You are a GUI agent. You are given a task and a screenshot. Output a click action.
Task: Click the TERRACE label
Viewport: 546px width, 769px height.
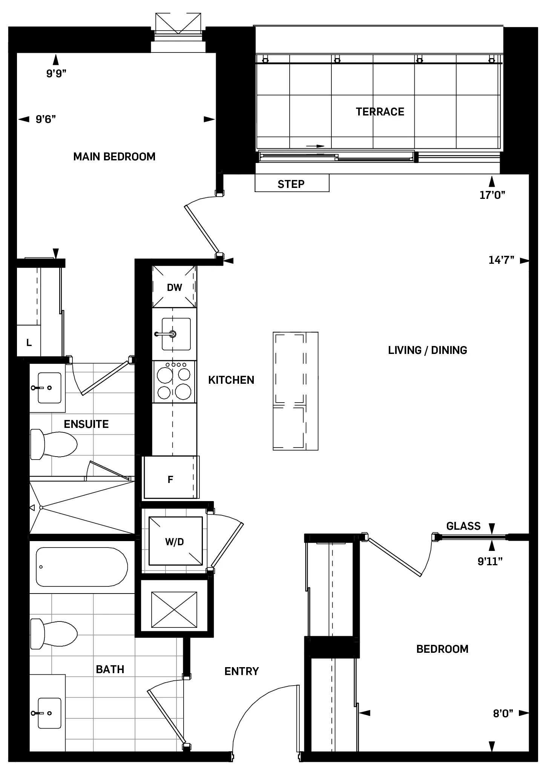[380, 112]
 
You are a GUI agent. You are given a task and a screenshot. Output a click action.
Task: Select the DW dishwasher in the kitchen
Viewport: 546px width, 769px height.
[174, 287]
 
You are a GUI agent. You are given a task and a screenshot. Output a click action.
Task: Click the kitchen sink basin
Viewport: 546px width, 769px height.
[176, 334]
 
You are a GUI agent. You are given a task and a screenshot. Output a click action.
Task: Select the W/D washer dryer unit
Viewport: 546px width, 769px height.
[174, 541]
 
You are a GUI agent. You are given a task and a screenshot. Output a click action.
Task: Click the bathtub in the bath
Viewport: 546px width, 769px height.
[81, 567]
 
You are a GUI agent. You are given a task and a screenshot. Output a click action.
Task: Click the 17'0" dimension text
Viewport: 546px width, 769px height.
[492, 195]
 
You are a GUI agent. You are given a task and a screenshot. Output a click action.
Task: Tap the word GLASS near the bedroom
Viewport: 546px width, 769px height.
[463, 526]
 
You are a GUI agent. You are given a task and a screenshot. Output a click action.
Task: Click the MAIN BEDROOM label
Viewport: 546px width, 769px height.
[114, 157]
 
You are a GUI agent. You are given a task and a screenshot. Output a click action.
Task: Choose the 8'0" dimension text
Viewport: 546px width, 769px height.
[503, 714]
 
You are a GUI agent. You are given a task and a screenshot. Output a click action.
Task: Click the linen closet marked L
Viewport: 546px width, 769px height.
[29, 342]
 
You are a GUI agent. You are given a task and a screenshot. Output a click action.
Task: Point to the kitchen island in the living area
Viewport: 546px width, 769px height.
[295, 391]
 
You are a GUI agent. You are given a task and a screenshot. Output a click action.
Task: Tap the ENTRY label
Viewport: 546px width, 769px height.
[241, 671]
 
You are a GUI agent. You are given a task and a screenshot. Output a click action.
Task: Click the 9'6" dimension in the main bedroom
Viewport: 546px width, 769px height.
[46, 119]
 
